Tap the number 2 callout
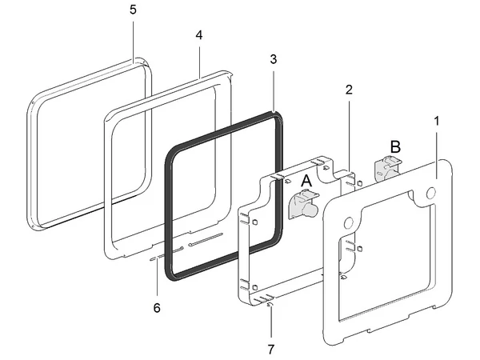350,90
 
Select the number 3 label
273,59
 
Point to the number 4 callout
198,37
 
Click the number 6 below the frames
157,307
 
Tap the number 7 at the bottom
270,349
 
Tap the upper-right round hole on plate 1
431,193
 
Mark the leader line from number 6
157,280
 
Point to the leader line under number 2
350,136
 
